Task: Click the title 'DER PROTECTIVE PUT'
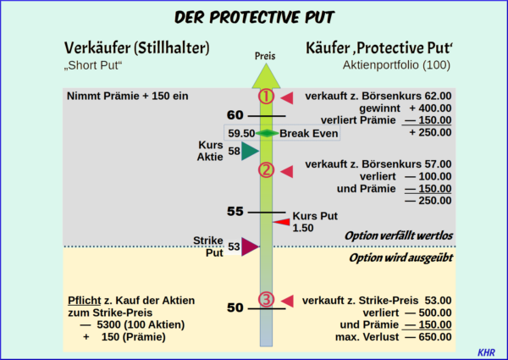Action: click(x=253, y=17)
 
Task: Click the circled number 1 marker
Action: click(x=266, y=97)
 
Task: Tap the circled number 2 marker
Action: click(x=266, y=170)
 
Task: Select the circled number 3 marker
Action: click(x=266, y=300)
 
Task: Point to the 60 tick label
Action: click(x=235, y=115)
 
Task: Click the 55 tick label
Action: click(x=235, y=211)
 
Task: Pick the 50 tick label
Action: click(x=235, y=307)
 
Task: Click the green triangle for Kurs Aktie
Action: click(x=248, y=152)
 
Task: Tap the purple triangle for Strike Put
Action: click(x=248, y=246)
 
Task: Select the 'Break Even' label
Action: click(x=309, y=133)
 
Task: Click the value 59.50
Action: click(x=242, y=133)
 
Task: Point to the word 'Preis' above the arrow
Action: click(x=265, y=56)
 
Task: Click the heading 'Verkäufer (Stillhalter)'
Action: click(x=137, y=47)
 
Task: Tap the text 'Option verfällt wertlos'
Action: click(x=397, y=235)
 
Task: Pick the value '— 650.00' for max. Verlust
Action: click(x=428, y=336)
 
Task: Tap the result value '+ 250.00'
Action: click(x=429, y=133)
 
